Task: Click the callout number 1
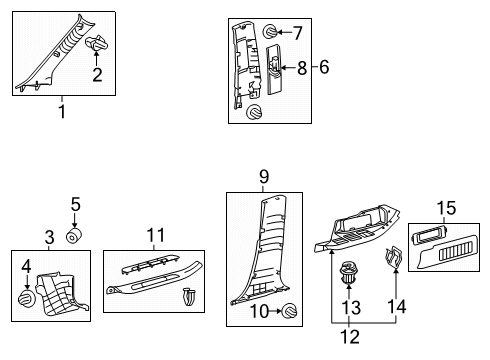click(x=62, y=111)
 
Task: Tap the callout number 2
click(x=97, y=75)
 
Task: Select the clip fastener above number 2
click(x=97, y=43)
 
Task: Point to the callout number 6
click(x=324, y=67)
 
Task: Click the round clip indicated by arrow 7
click(x=270, y=32)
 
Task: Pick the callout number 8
click(x=302, y=68)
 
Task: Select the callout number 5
click(x=76, y=204)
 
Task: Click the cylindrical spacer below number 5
click(x=74, y=236)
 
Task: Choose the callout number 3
click(x=49, y=238)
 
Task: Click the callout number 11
click(x=156, y=235)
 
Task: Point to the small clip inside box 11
click(x=189, y=297)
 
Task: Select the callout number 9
click(x=264, y=177)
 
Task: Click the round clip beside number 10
click(x=289, y=312)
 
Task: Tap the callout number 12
click(x=350, y=337)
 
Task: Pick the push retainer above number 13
click(x=348, y=272)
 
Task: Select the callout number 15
click(x=446, y=208)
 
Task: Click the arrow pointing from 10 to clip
click(x=275, y=311)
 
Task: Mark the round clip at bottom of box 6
click(x=254, y=112)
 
